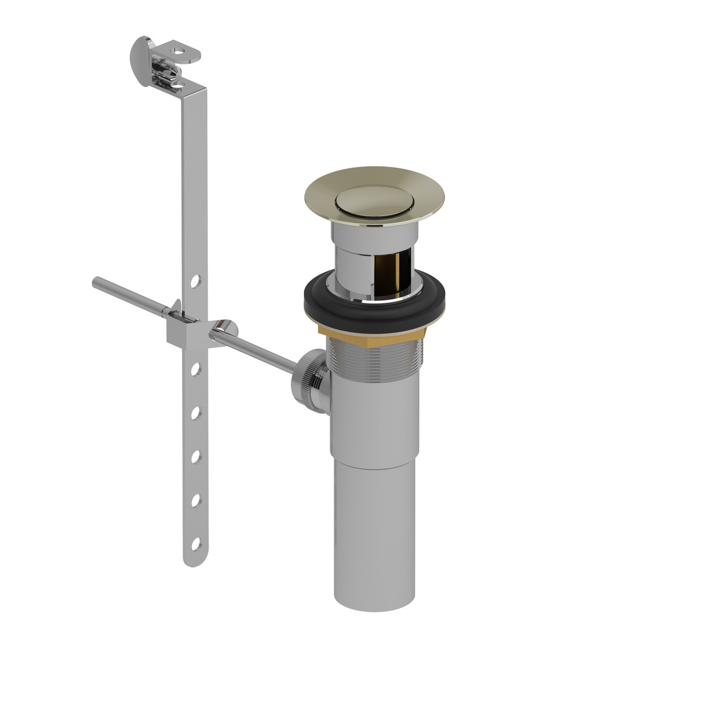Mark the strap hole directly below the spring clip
pos(196,369)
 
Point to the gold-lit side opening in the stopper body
pos(389,275)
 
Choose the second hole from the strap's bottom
pos(196,501)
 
